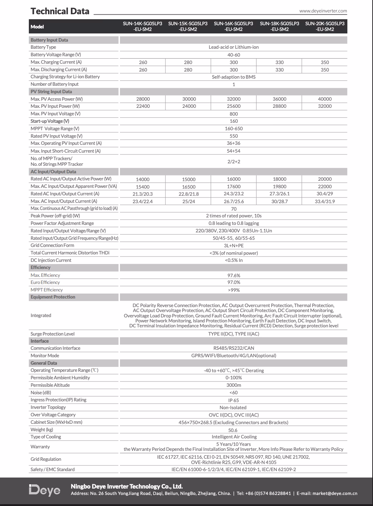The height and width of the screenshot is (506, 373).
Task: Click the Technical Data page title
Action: coord(60,11)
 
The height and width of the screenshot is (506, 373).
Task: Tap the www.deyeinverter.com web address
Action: coord(323,11)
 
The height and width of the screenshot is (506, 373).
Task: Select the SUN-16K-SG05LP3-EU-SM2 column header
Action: coord(233,26)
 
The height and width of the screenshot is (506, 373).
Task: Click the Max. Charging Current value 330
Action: coord(279,62)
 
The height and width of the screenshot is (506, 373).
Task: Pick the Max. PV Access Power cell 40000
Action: coord(325,99)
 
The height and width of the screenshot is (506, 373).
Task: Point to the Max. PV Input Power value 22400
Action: coord(143,106)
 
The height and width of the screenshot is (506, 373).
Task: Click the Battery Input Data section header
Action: coord(49,40)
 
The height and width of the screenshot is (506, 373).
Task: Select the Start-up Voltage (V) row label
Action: coord(50,121)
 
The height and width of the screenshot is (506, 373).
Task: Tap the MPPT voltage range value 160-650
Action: coord(233,129)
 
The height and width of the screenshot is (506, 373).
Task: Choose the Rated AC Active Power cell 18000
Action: coord(279,179)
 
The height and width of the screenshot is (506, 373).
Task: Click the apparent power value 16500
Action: coord(189,187)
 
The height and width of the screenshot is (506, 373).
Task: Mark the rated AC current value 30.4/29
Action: coord(325,194)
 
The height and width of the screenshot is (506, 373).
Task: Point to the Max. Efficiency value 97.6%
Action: coord(233,275)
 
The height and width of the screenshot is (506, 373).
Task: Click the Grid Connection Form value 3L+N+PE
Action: coord(233,246)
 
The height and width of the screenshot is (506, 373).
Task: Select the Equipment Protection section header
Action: coord(53,297)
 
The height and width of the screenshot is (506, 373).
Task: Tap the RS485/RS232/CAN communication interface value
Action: coord(233,348)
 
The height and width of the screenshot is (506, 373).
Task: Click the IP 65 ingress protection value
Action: coord(233,400)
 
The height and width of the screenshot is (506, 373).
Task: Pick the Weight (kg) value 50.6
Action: coord(233,430)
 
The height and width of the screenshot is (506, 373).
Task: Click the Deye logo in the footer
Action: coord(44,490)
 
